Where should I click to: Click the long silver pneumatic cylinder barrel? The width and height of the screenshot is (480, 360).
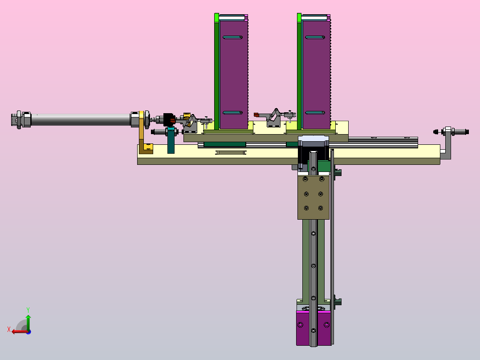(81, 120)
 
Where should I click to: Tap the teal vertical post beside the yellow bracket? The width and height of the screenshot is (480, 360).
(171, 140)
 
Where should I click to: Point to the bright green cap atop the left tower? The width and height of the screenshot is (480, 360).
(217, 18)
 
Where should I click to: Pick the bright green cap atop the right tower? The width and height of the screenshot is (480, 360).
(299, 18)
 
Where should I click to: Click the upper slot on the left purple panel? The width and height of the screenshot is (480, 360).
(232, 37)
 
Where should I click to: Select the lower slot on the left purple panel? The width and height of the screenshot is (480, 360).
(232, 113)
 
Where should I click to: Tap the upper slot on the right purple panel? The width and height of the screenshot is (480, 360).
(315, 37)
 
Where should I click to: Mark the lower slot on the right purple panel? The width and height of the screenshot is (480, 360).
(315, 113)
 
